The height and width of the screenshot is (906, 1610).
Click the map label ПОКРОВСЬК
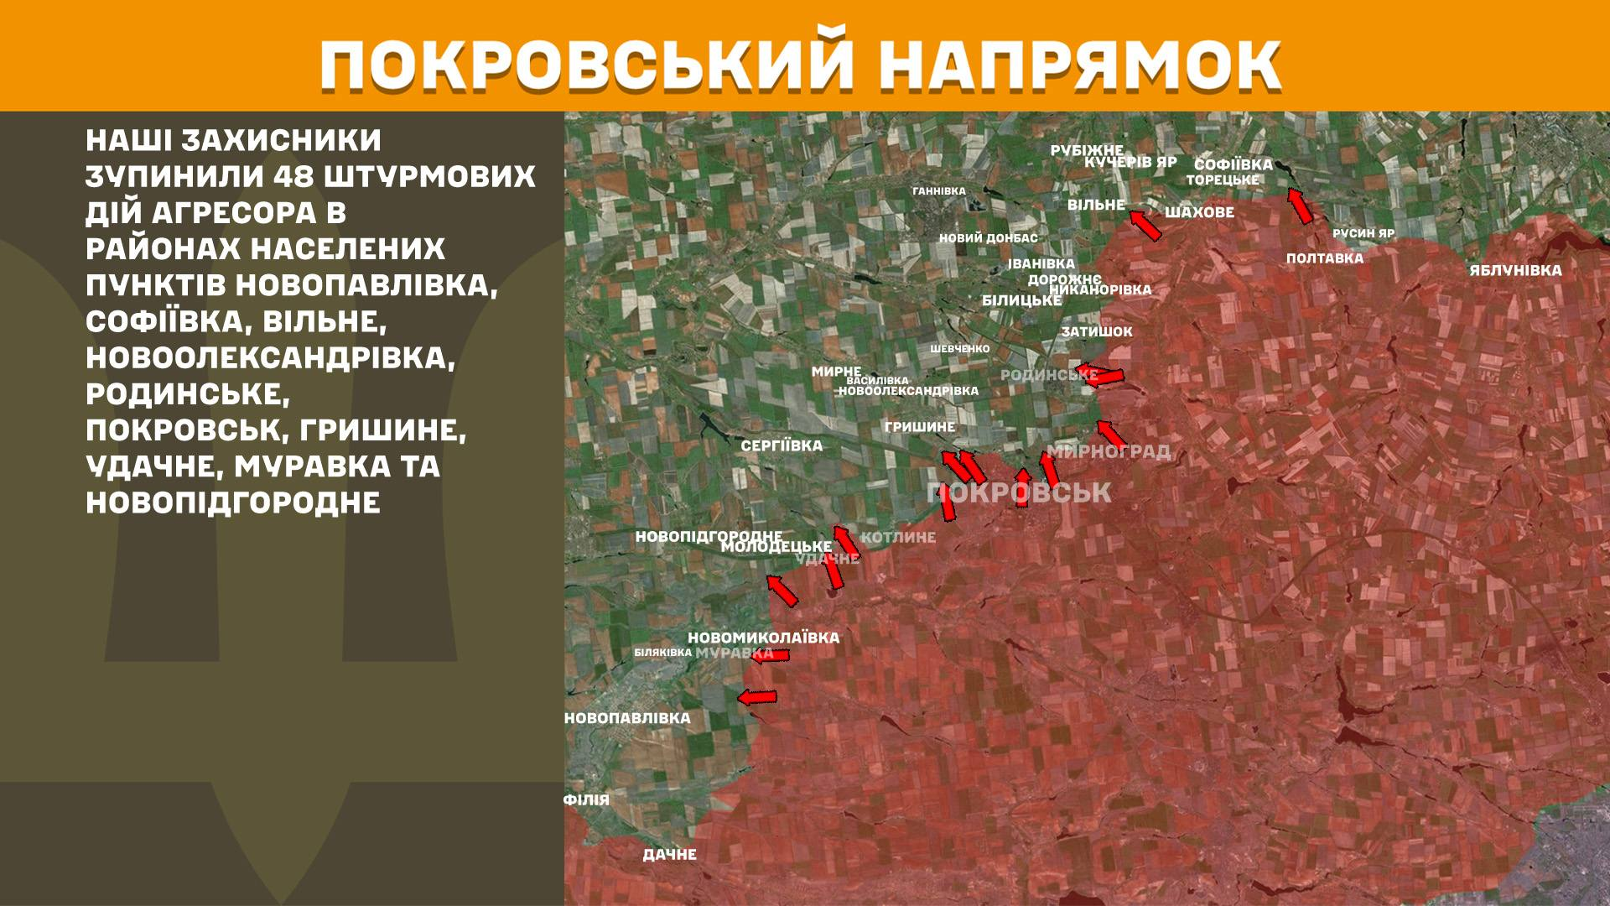pyautogui.click(x=1020, y=492)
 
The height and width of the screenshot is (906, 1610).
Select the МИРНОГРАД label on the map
pyautogui.click(x=1109, y=452)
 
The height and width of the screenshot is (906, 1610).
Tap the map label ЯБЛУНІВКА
pyautogui.click(x=1514, y=270)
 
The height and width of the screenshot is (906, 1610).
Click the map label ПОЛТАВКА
pyautogui.click(x=1324, y=258)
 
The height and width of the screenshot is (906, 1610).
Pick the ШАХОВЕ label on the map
pyautogui.click(x=1199, y=213)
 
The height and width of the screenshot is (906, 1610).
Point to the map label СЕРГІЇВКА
pyautogui.click(x=782, y=445)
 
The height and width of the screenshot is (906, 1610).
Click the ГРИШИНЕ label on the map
pyautogui.click(x=919, y=427)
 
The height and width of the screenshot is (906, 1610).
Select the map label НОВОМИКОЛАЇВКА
pyautogui.click(x=763, y=638)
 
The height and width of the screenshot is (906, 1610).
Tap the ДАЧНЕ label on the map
pyautogui.click(x=669, y=855)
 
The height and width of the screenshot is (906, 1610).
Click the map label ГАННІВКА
pyautogui.click(x=938, y=191)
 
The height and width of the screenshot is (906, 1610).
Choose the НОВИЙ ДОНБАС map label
pyautogui.click(x=988, y=238)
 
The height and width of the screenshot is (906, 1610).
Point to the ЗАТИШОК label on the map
pyautogui.click(x=1096, y=331)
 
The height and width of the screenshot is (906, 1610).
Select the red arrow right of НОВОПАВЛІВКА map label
pyautogui.click(x=757, y=696)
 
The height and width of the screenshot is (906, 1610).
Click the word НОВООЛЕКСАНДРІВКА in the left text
pyautogui.click(x=270, y=357)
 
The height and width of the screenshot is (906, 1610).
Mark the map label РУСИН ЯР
pyautogui.click(x=1363, y=233)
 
